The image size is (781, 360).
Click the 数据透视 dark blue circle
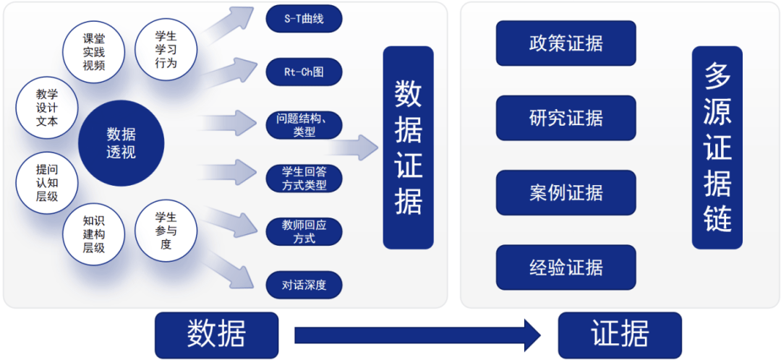[x=121, y=142]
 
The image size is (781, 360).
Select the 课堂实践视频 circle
[x=94, y=51]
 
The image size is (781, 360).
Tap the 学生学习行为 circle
[x=166, y=49]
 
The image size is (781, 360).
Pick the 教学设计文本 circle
[x=47, y=108]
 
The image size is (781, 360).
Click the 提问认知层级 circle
[x=47, y=182]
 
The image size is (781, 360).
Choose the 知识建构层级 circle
[x=94, y=234]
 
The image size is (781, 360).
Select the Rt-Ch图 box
[x=304, y=72]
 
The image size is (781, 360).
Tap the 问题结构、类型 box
[x=304, y=125]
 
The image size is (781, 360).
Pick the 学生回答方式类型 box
[x=304, y=178]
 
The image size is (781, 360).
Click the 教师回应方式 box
[x=304, y=231]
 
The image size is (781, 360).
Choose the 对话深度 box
[x=304, y=285]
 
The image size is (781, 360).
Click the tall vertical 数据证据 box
[x=408, y=147]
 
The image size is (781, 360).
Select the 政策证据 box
[x=566, y=43]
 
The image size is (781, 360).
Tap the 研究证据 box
[x=566, y=118]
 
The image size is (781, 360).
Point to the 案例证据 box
[x=566, y=193]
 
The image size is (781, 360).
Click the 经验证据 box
[x=566, y=267]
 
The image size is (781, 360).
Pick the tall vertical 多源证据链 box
[x=717, y=147]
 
